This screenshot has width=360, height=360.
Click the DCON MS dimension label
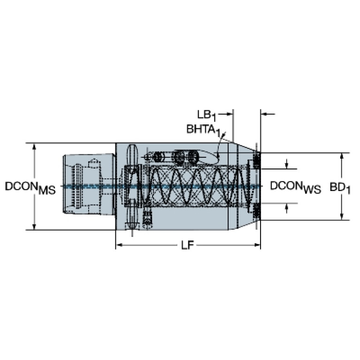31,188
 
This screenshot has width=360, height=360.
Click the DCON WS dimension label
296,187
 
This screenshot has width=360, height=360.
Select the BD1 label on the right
340,188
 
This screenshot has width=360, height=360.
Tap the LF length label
188,245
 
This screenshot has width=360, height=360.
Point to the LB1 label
207,115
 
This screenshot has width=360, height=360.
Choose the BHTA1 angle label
203,130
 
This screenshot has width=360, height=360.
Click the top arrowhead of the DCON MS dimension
34,146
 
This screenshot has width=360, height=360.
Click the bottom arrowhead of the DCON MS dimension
34,226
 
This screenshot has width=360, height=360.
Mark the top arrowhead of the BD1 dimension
342,156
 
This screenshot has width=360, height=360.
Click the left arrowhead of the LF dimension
119,245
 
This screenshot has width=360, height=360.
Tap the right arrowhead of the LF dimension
257,245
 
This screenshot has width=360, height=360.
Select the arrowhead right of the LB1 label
230,114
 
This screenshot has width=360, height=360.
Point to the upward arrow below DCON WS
286,208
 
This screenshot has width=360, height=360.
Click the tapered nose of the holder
244,186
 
